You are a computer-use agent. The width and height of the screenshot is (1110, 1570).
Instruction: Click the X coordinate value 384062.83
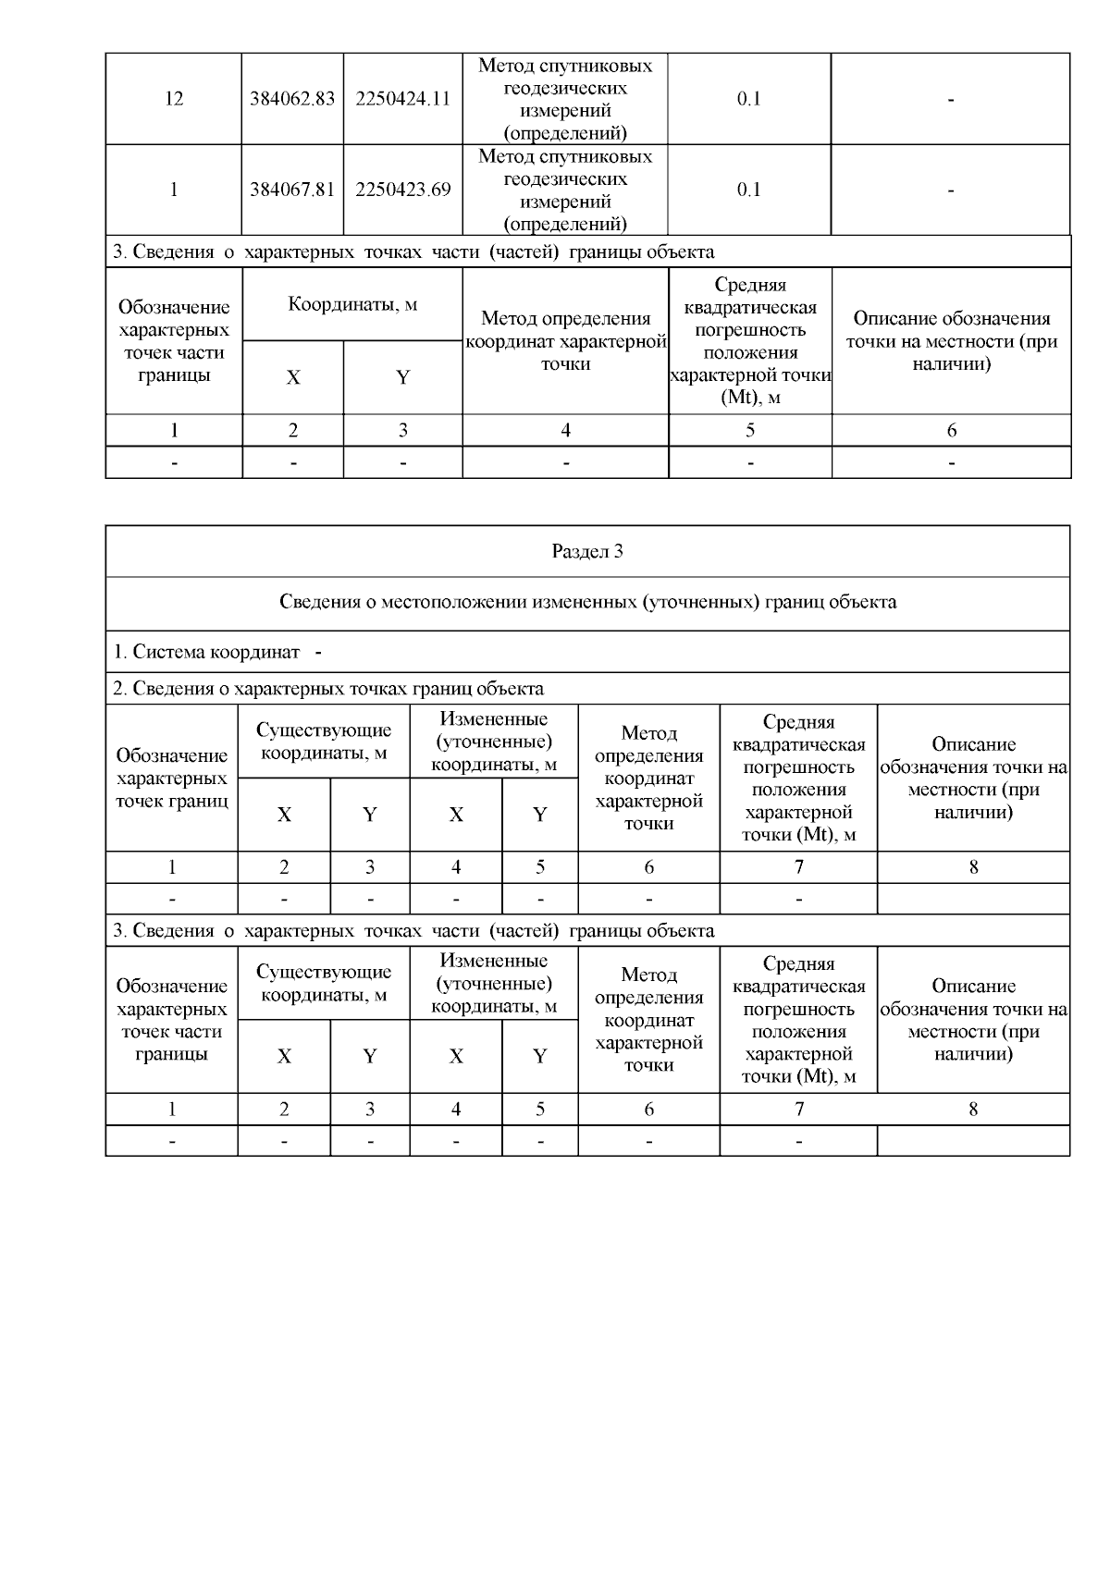coord(292,99)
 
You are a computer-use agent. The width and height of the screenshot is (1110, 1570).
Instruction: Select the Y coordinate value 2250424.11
coord(402,99)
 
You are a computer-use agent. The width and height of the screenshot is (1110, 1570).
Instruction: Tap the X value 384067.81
coord(292,190)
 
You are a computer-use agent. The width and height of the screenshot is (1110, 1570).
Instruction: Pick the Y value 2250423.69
coord(402,190)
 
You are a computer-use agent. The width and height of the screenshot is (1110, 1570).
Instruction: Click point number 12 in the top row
coord(174,99)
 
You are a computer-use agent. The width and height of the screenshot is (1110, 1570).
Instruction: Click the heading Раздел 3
coord(587,551)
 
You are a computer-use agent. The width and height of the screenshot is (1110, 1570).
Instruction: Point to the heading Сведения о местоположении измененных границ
coord(587,602)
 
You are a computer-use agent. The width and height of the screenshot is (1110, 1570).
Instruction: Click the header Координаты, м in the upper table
coord(352,304)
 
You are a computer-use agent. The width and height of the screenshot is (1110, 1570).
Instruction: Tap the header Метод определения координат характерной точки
coord(565,341)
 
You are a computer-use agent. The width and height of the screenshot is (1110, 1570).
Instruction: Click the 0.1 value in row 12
coord(749,99)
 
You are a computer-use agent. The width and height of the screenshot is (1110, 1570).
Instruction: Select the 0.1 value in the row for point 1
coord(749,190)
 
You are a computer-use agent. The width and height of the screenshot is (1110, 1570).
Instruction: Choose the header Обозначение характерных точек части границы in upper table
coord(174,341)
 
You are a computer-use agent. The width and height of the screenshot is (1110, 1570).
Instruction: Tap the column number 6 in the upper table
coord(951,430)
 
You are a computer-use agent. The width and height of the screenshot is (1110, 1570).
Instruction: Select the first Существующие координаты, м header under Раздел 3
coord(324,742)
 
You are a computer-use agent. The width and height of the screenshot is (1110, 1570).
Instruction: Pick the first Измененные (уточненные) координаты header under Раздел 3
coord(494,742)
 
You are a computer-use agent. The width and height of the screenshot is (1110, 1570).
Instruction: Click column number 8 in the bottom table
coord(973,1110)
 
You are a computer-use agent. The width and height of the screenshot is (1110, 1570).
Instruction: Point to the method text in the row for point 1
coord(565,190)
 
